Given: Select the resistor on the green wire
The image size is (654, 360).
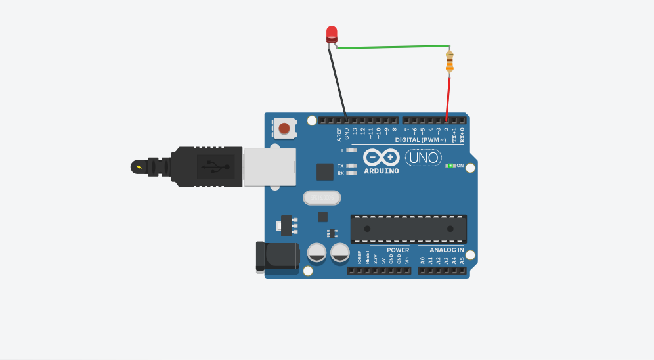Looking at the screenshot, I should coord(449,60).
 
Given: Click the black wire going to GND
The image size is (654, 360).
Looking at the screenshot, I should coord(339,83).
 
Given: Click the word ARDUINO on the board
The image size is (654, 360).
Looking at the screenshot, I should coord(381,171).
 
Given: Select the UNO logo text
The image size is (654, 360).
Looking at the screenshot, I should coord(423,158).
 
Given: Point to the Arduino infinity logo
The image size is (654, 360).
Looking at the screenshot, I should coord(381,158).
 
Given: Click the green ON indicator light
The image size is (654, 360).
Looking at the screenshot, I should coord(450,166).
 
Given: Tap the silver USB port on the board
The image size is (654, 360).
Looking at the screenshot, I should coord(269,166).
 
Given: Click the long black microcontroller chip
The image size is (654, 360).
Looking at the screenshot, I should coord(408,229).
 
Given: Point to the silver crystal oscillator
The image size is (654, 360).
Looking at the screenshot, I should coord(322,197).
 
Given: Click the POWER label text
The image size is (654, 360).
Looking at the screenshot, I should coord(398,250).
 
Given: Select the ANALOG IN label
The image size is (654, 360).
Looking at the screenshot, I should coord(447,250).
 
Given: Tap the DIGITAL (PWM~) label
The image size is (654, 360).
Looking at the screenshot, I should coord(420,140).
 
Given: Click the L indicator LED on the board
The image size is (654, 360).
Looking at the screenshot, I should coord(351,150).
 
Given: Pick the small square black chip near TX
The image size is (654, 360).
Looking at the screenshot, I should coord(324,172).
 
